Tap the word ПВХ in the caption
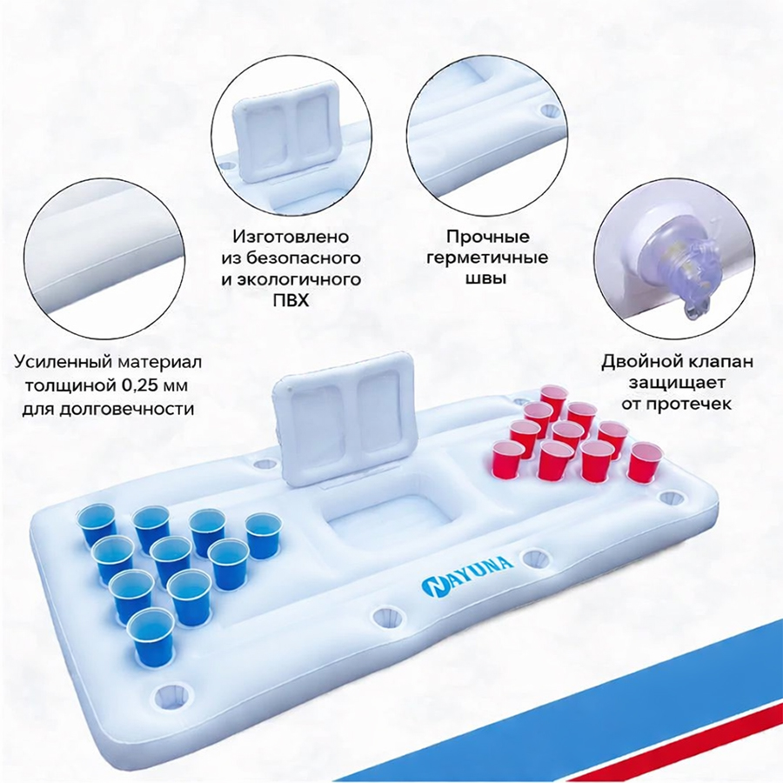[291, 300]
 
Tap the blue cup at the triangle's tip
[151, 638]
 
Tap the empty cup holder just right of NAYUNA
[536, 558]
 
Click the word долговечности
[126, 409]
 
